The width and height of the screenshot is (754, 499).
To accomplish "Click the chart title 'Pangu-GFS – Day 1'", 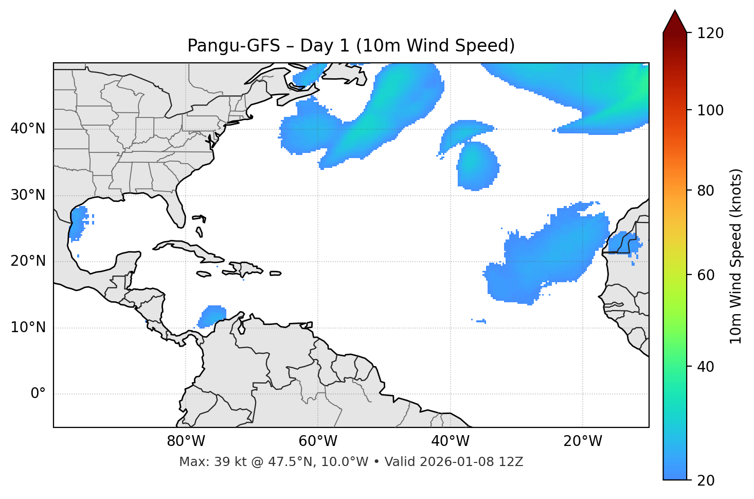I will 351,46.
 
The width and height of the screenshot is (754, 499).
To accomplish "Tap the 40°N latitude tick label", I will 28,129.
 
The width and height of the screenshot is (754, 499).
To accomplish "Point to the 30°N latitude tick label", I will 28,195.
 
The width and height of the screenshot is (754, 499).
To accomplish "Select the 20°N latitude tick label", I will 28,261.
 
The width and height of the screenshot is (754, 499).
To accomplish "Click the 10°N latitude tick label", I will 28,328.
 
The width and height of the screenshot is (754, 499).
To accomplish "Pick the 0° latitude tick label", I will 38,394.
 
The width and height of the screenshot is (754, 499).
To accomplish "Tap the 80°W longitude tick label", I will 186,441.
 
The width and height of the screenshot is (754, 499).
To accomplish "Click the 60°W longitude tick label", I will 318,441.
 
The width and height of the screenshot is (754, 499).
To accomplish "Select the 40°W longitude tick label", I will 451,441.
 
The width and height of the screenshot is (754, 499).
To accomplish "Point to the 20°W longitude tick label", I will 583,441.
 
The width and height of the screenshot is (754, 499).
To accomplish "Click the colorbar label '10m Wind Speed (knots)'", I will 737,256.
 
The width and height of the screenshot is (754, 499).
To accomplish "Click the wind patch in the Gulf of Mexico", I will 78,222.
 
